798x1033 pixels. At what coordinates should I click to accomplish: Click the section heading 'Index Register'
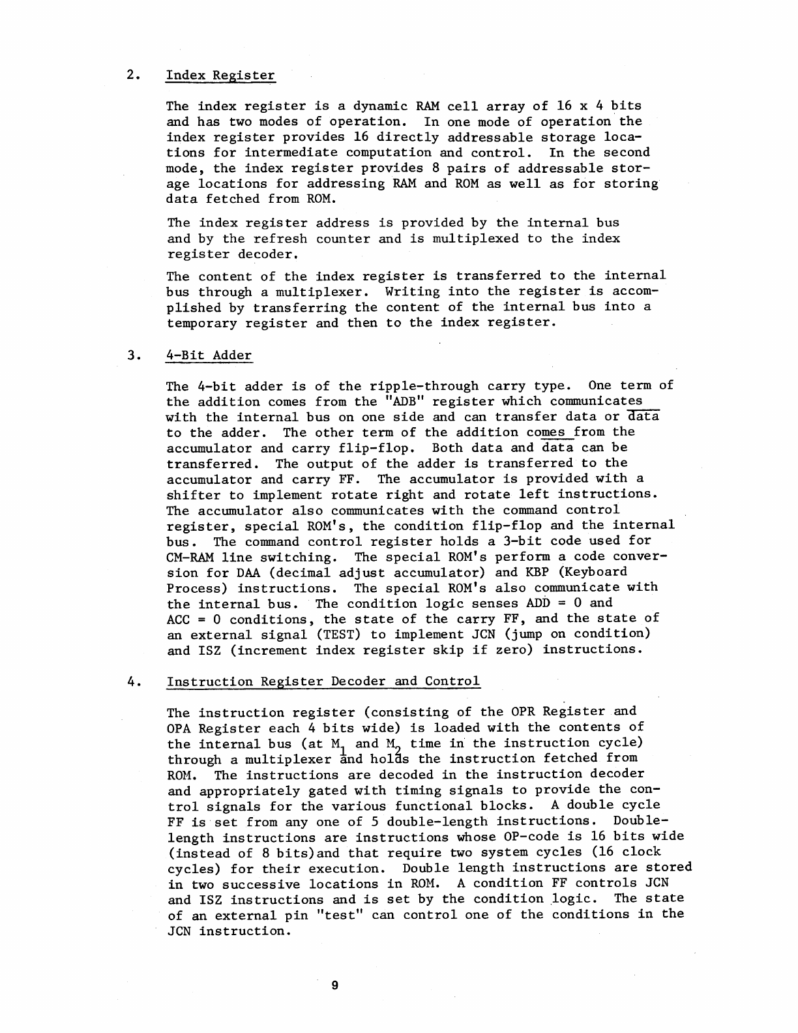(221, 75)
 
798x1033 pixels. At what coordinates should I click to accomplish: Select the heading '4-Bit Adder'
(209, 355)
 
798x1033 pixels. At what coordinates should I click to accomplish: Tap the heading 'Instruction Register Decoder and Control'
(323, 681)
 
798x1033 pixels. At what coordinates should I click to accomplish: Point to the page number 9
(334, 985)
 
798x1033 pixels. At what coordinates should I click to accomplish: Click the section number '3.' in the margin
(134, 355)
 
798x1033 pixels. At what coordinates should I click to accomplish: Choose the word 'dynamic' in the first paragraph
(355, 106)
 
